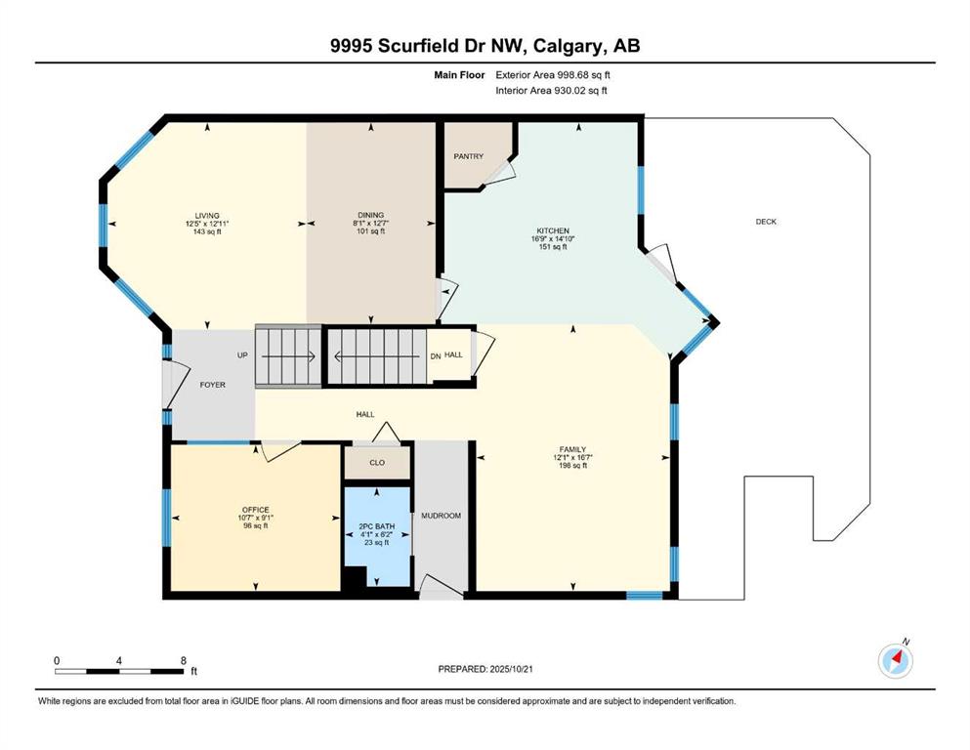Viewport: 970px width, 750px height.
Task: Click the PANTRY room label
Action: pyautogui.click(x=467, y=156)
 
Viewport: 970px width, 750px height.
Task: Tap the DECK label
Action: pyautogui.click(x=766, y=222)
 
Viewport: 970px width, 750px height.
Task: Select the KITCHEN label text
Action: pyautogui.click(x=551, y=231)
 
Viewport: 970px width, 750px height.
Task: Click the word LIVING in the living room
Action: pyautogui.click(x=206, y=216)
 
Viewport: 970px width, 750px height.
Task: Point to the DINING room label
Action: pyautogui.click(x=370, y=216)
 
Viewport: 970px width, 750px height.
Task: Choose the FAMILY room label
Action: pyautogui.click(x=571, y=449)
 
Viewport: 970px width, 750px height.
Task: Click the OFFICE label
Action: pyautogui.click(x=255, y=510)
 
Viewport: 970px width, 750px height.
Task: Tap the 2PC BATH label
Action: pyautogui.click(x=376, y=526)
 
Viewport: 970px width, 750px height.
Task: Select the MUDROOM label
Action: pyautogui.click(x=441, y=515)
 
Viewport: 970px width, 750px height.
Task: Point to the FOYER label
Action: pyautogui.click(x=212, y=385)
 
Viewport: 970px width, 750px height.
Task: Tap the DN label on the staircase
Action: pyautogui.click(x=435, y=355)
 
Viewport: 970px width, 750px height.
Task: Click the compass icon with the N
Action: pyautogui.click(x=895, y=661)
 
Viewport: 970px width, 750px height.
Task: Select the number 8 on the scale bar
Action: pyautogui.click(x=184, y=661)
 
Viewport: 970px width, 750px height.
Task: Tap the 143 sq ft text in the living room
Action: pyautogui.click(x=206, y=231)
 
